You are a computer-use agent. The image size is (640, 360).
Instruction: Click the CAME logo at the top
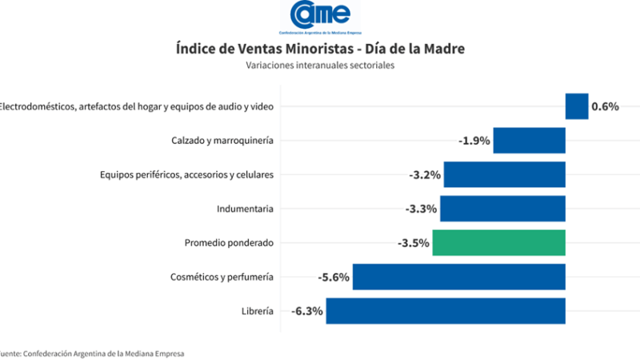tap(319, 18)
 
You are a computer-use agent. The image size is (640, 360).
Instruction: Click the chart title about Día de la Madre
tap(319, 50)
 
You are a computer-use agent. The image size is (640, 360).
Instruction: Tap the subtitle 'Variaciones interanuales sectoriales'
tap(320, 66)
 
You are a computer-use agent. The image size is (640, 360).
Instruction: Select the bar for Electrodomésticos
tap(577, 106)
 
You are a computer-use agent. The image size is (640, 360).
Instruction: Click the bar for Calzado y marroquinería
tap(530, 141)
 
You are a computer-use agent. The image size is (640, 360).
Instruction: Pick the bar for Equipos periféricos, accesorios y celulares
tap(505, 174)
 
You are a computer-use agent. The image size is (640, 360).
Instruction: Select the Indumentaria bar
tap(502, 209)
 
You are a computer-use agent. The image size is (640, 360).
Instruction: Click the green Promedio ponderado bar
tap(499, 242)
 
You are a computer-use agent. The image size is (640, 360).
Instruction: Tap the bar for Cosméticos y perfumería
tap(459, 277)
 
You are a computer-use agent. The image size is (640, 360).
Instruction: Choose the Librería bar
tap(446, 311)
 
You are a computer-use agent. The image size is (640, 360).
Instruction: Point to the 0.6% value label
tap(606, 106)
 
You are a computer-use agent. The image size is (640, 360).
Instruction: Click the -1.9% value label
tap(474, 141)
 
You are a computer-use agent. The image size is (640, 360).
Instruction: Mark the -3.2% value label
tap(425, 174)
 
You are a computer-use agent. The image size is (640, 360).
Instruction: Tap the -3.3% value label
tap(421, 209)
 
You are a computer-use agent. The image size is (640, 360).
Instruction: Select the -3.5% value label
tap(414, 242)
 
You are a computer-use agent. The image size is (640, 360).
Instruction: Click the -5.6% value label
tap(334, 277)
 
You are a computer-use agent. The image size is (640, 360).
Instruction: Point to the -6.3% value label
tap(307, 311)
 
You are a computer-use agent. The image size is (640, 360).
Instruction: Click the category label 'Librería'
tap(256, 311)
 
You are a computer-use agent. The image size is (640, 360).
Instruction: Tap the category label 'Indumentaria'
tap(246, 209)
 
